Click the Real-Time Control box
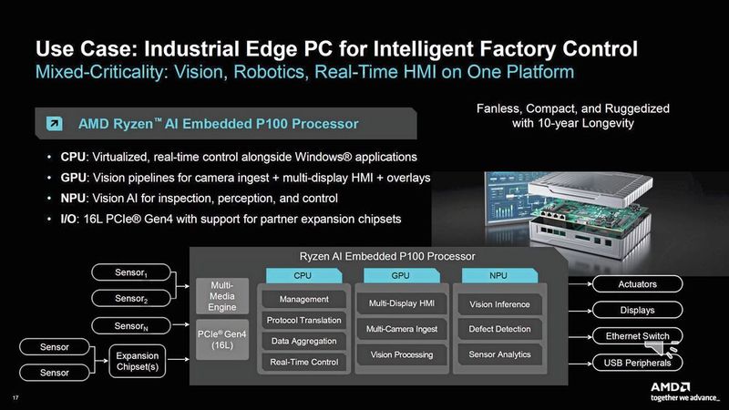click(304, 362)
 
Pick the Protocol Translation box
click(304, 320)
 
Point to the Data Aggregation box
click(304, 341)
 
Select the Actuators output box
click(637, 283)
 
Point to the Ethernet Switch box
click(637, 336)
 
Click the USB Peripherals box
click(637, 364)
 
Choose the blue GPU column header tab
click(401, 274)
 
